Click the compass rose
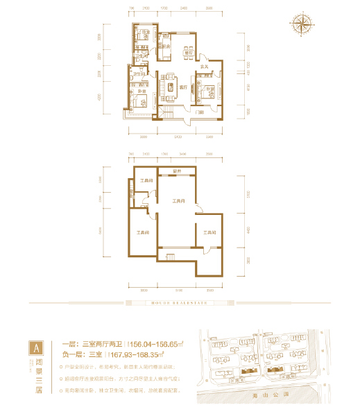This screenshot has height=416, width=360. [302, 25]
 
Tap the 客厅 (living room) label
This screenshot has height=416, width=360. [182, 88]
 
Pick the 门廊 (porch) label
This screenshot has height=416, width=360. [199, 111]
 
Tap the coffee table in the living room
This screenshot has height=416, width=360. [170, 88]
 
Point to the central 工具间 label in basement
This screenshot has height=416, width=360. [178, 201]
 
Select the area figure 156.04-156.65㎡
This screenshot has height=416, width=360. [156, 343]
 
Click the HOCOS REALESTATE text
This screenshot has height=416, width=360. [180, 302]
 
